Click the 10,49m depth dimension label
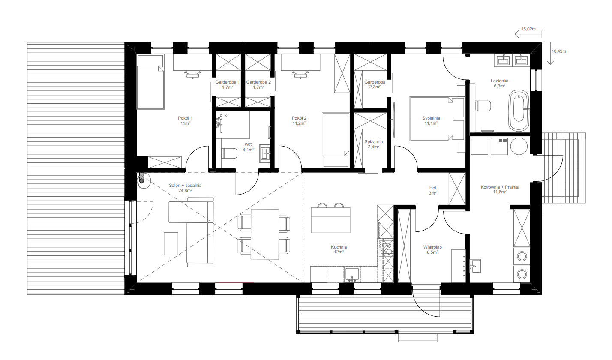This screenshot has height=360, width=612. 559,51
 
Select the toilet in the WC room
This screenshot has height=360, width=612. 229,153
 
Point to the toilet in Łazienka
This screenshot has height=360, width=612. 483,106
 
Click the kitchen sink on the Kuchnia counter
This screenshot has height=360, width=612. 352,274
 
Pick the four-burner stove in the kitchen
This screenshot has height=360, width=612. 386,248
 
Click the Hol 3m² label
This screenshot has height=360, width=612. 432,190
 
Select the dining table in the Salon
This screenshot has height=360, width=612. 265,234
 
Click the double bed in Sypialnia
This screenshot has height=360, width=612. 437,119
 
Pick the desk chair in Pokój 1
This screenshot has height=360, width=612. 193,74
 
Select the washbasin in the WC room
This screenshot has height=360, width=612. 265,153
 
